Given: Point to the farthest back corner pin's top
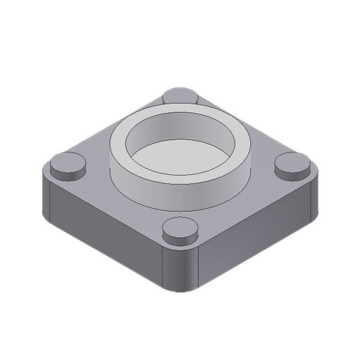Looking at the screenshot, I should pyautogui.click(x=181, y=94).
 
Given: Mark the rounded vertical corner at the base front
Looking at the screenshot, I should pyautogui.click(x=181, y=270).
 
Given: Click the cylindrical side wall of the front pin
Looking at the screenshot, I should pyautogui.click(x=181, y=238).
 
